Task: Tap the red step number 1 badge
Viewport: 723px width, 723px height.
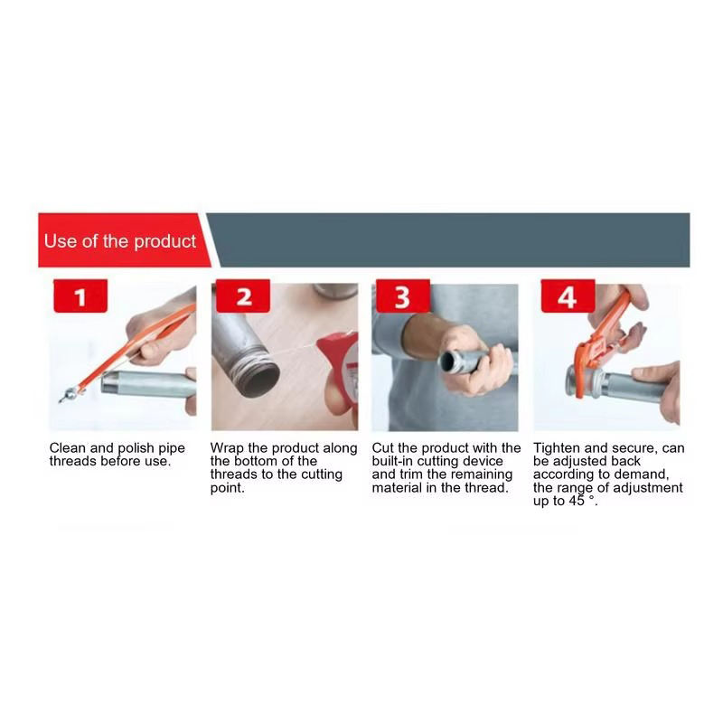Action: [80, 296]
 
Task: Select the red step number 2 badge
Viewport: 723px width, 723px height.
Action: [243, 296]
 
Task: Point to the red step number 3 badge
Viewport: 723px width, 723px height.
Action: [403, 296]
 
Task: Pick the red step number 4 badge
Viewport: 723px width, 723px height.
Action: [568, 296]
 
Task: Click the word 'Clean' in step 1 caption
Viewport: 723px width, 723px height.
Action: [67, 447]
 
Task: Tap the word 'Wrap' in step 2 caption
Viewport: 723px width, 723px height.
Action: [227, 448]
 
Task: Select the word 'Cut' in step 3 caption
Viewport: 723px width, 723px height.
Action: [382, 447]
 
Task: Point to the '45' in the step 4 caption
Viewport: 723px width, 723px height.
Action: [577, 501]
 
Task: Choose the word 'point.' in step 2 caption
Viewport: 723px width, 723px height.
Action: [228, 488]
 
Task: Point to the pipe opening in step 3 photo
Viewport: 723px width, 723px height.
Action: [448, 361]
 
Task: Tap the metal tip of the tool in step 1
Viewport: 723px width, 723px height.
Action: [69, 396]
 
